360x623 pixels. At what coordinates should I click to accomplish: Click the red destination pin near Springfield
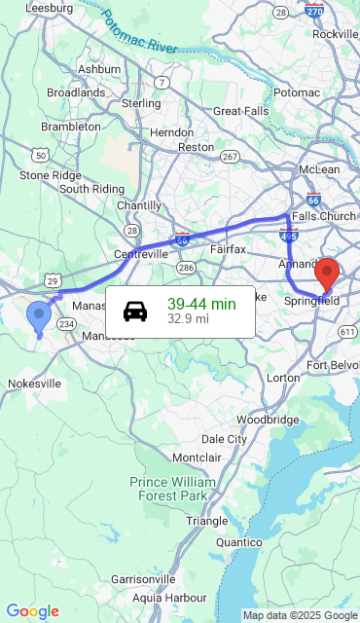328,273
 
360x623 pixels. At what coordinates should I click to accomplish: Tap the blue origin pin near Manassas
39,316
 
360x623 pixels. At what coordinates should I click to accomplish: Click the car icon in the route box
135,311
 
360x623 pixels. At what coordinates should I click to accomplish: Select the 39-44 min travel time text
201,304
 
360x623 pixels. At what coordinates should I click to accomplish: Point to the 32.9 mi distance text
188,318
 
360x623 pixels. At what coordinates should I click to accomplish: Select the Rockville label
335,34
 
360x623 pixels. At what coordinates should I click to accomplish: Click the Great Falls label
239,111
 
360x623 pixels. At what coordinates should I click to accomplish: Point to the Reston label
196,147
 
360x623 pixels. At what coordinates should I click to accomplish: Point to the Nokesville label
35,384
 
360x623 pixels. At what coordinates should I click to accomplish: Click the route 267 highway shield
231,156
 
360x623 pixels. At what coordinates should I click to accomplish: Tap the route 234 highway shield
66,324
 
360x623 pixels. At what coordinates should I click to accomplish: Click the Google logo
32,611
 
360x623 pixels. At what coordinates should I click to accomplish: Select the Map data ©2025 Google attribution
300,615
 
